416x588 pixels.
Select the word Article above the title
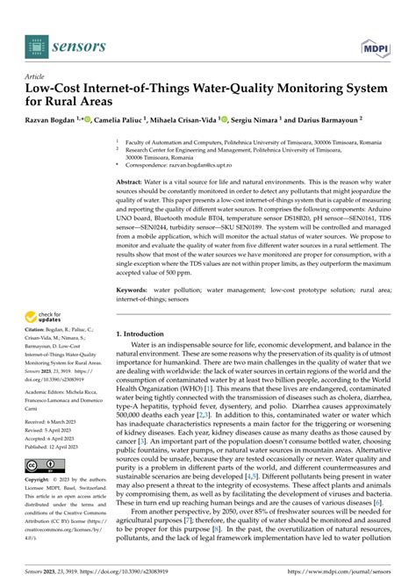(39, 77)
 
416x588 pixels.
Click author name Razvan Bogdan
(54, 119)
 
